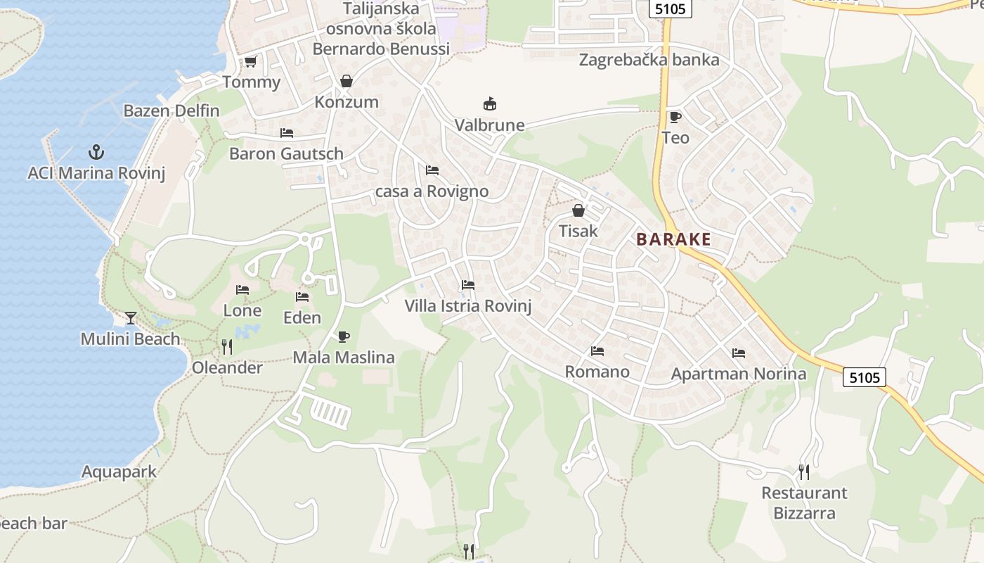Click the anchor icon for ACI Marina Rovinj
(x=96, y=151)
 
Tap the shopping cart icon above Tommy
(x=250, y=61)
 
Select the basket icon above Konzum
(x=346, y=81)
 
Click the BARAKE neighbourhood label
(x=673, y=239)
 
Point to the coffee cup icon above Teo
(x=675, y=117)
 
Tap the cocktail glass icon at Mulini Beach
(x=130, y=318)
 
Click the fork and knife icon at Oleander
(x=226, y=347)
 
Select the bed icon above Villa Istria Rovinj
(x=467, y=285)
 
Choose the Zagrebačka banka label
(x=649, y=60)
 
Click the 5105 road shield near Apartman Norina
(x=864, y=377)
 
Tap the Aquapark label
(x=119, y=472)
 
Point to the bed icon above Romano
(x=597, y=350)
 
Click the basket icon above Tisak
(x=578, y=210)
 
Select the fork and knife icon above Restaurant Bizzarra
(x=804, y=472)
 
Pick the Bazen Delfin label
(x=171, y=110)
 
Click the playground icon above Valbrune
(x=489, y=104)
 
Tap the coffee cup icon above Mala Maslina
(x=343, y=336)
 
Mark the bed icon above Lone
(x=242, y=289)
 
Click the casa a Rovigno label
(x=432, y=191)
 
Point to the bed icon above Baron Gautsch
(x=286, y=132)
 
